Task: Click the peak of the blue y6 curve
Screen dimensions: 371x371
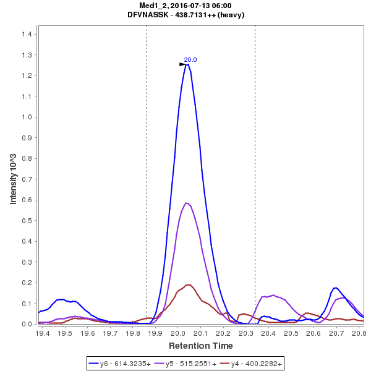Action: coord(187,64)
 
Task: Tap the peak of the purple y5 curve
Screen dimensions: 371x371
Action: coord(186,203)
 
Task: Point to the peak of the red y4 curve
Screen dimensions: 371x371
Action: coord(189,285)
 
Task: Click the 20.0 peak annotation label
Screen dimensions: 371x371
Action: coord(190,59)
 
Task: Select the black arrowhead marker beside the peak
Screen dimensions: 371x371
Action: coord(182,64)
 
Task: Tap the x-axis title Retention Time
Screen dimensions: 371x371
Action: coord(200,345)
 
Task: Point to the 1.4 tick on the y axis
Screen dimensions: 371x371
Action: coord(27,34)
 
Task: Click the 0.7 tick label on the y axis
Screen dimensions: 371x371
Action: coord(27,179)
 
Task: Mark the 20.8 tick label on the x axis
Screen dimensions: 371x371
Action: coord(359,333)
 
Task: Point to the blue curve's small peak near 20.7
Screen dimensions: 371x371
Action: coord(335,288)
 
